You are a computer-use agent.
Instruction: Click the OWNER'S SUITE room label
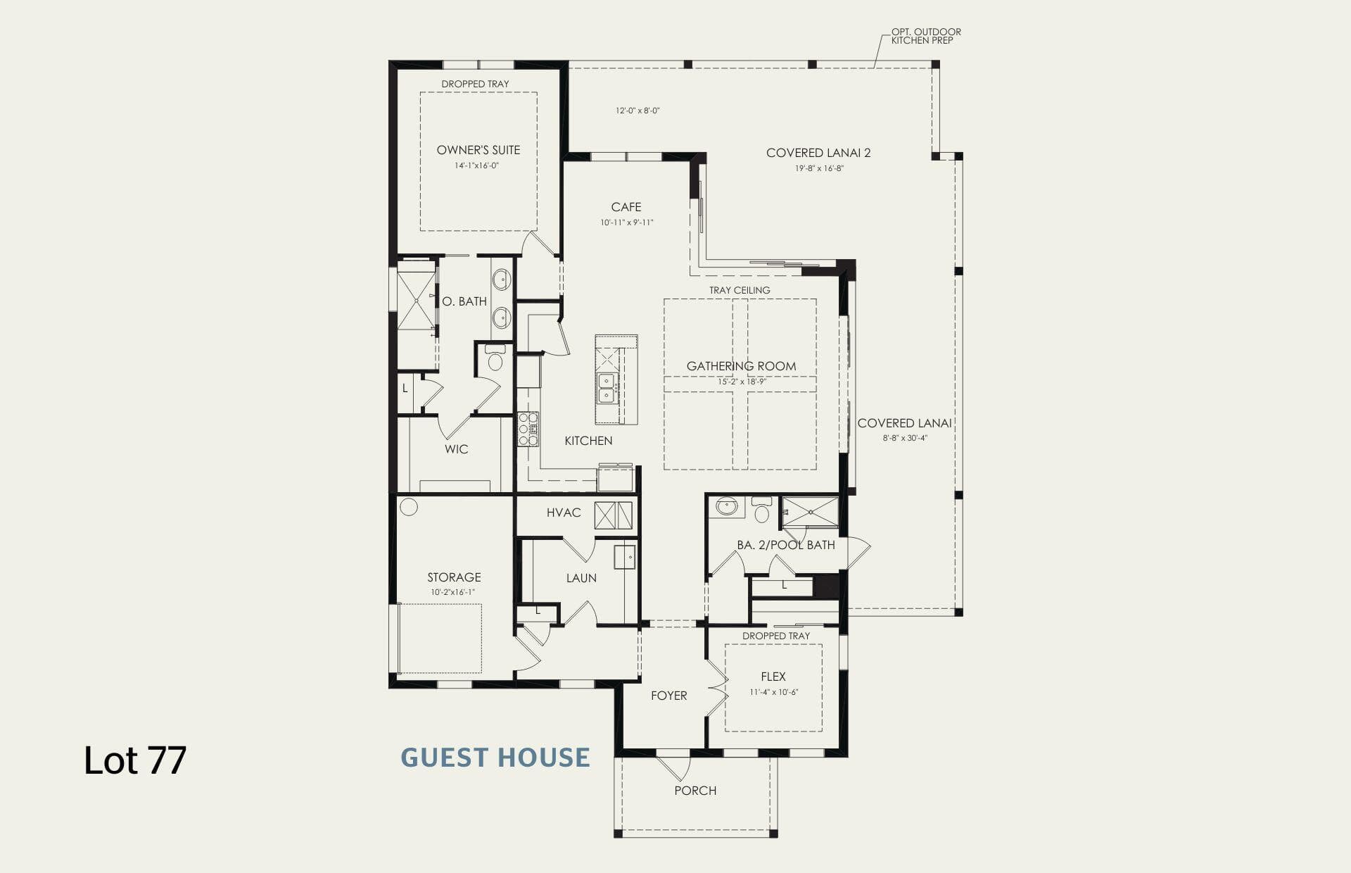[478, 150]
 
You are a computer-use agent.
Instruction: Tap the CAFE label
[626, 207]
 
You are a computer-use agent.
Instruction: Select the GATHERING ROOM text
[742, 366]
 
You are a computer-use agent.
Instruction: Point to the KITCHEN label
[588, 441]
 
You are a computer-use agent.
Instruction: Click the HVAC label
[564, 513]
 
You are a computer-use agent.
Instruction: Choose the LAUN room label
[581, 578]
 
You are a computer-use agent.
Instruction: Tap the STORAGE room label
[454, 577]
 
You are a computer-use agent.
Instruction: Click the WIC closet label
[456, 449]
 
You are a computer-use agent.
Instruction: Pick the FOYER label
[668, 696]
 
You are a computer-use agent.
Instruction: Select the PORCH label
[695, 791]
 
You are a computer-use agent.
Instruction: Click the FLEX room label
[773, 677]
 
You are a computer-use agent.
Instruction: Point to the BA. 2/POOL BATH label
[786, 545]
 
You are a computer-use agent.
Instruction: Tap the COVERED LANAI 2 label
[818, 153]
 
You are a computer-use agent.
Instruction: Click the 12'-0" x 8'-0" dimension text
[638, 111]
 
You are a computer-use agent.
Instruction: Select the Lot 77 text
[135, 760]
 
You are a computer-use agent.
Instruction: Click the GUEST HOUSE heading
[495, 758]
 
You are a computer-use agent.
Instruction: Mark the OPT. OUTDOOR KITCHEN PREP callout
[926, 36]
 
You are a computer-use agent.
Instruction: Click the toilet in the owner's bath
[495, 358]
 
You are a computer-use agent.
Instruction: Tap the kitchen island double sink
[606, 388]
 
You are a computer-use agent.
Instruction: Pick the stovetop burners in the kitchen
[528, 429]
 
